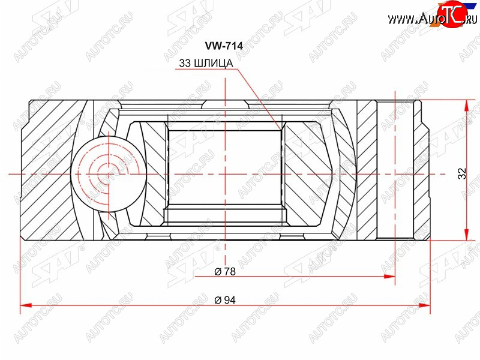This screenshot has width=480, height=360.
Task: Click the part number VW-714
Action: click(224, 46)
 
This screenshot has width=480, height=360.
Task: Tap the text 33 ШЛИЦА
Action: click(206, 63)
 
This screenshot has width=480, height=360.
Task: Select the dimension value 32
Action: click(462, 173)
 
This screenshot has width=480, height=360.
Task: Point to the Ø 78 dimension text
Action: click(225, 271)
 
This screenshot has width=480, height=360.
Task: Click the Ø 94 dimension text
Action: click(225, 300)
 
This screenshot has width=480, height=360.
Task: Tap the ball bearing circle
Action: click(109, 174)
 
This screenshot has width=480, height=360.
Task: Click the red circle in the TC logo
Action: click(452, 14)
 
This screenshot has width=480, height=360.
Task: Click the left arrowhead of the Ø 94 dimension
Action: click(26, 305)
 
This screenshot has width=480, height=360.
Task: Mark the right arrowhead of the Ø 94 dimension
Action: click(424, 305)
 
